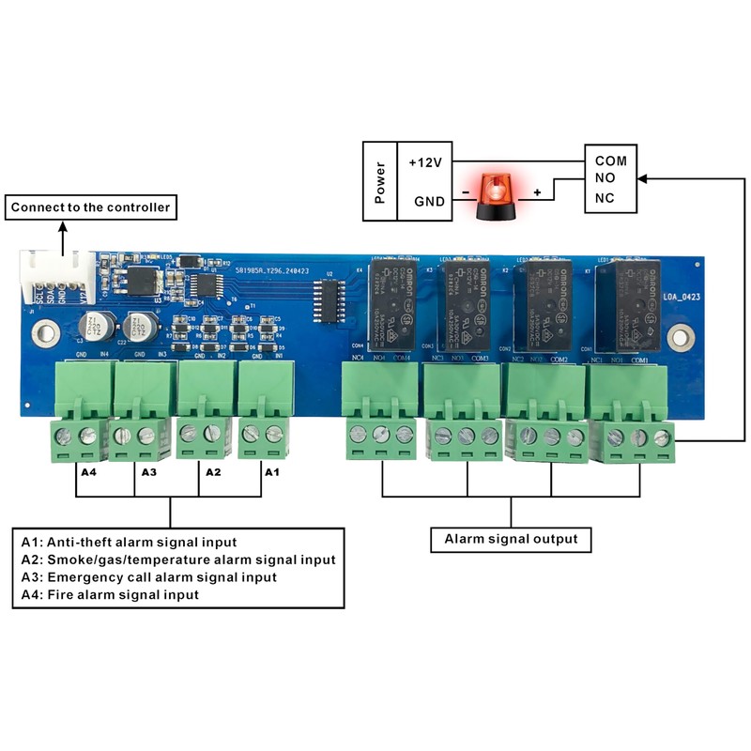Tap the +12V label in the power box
[426, 161]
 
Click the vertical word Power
[380, 181]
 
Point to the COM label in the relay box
[610, 161]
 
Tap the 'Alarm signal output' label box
[511, 539]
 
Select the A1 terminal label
[271, 471]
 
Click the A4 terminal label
[88, 471]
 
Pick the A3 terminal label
[149, 471]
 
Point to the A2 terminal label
[213, 471]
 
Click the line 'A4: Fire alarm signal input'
[110, 594]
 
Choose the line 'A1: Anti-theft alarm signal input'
[129, 542]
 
